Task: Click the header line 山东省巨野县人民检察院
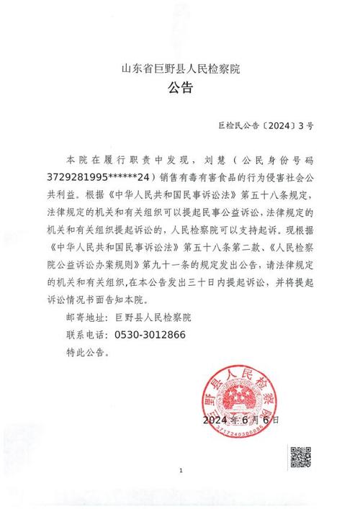click(180, 70)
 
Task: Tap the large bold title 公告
click(180, 89)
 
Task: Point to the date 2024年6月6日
click(241, 419)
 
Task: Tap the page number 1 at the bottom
click(181, 472)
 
